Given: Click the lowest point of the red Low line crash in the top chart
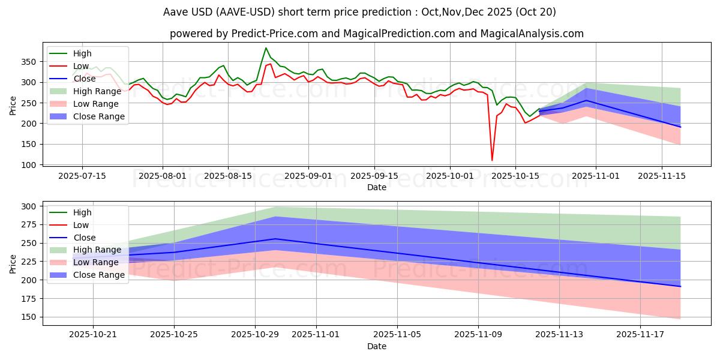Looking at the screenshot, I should (492, 160).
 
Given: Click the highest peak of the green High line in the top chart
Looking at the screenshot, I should (266, 48).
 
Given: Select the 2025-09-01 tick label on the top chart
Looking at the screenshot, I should (308, 176).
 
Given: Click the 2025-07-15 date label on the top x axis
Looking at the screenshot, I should (82, 176).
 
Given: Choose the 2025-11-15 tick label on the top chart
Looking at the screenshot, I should (662, 176).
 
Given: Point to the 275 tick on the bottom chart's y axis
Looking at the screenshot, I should (30, 224).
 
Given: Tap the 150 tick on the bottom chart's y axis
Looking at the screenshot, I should (30, 317).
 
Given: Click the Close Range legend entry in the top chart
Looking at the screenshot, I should (99, 116).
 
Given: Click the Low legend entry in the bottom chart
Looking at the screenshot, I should (81, 225).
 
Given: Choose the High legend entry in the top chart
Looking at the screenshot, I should (82, 53).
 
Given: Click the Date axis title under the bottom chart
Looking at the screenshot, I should (376, 346).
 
